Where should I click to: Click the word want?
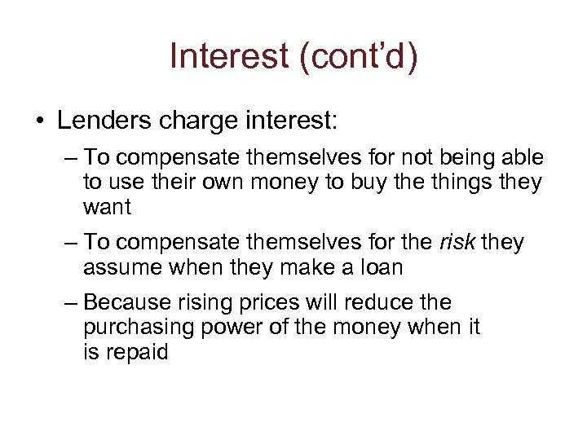tap(107, 208)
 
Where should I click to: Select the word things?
tap(462, 182)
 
